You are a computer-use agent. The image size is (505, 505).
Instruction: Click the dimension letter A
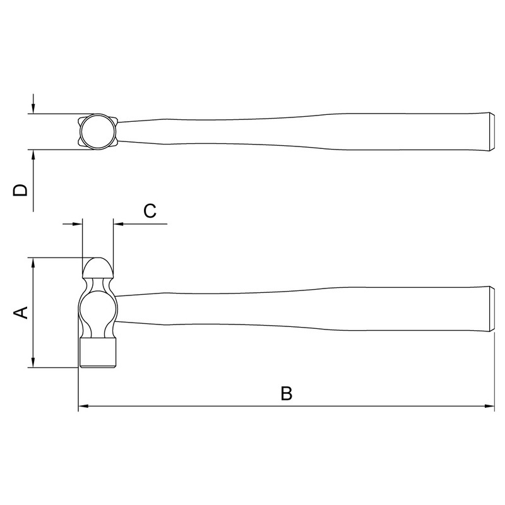[x=21, y=312]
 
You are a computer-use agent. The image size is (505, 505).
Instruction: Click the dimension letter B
[x=287, y=393]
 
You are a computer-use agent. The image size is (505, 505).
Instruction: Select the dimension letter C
[x=150, y=211]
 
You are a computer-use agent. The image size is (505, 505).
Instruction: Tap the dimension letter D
[x=20, y=190]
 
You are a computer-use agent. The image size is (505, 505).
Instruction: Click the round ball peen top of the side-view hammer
[x=98, y=268]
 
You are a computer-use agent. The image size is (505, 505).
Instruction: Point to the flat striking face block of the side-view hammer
[x=98, y=353]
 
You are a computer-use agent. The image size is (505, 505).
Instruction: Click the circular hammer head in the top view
[x=98, y=132]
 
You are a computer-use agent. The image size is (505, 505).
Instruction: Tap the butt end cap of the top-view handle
[x=492, y=132]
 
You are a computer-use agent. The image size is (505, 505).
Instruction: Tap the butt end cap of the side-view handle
[x=492, y=309]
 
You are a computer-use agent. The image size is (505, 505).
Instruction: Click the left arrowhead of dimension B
[x=83, y=406]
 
